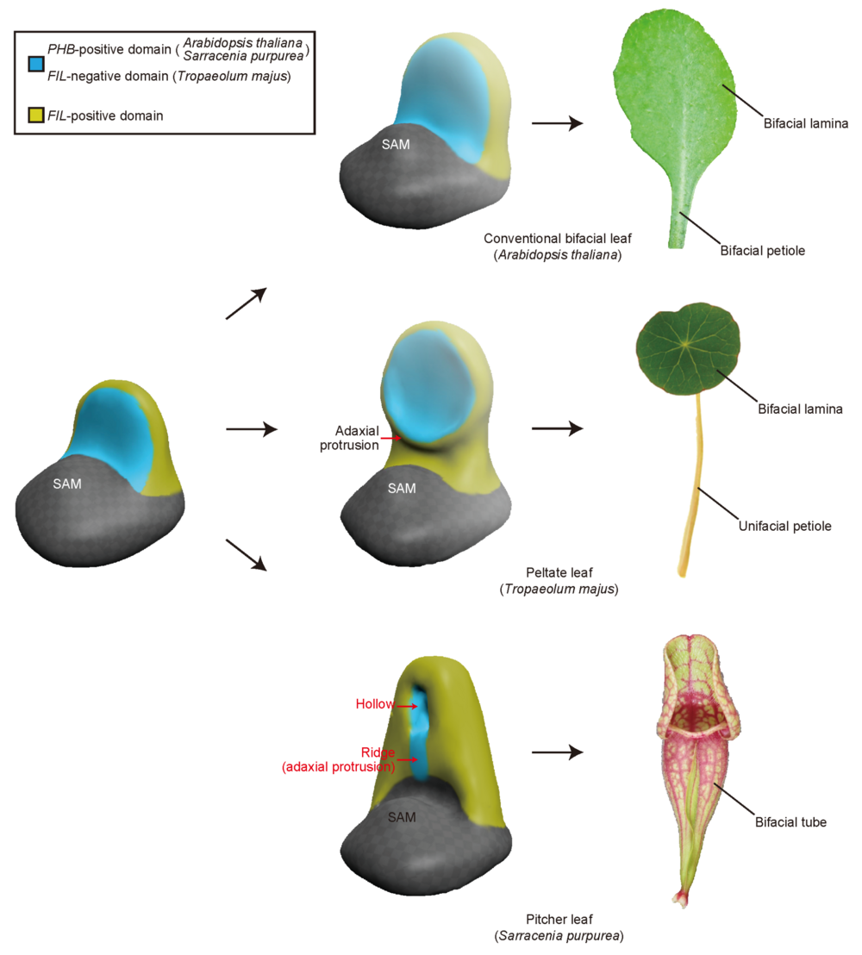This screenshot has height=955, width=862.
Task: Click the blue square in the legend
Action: pos(35,64)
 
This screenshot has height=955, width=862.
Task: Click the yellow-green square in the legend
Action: pos(35,115)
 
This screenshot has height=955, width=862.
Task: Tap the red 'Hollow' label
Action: pos(375,704)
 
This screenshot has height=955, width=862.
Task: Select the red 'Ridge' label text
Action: pos(378,752)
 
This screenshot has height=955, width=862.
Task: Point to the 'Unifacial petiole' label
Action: pos(784,525)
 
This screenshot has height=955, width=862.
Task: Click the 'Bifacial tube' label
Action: pos(790,822)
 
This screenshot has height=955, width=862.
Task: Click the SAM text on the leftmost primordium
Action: pos(67,484)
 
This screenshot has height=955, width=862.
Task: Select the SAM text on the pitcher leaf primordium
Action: pos(401,816)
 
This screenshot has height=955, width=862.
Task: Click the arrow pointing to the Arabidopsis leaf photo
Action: pos(557,124)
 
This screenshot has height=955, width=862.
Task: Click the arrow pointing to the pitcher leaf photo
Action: pos(557,752)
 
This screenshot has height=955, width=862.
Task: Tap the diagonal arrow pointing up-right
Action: pos(246,303)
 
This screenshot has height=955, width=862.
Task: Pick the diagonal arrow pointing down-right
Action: pos(246,554)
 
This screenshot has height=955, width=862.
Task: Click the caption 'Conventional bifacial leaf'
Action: pos(553,238)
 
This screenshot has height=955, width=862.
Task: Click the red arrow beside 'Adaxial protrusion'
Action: pos(392,438)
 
